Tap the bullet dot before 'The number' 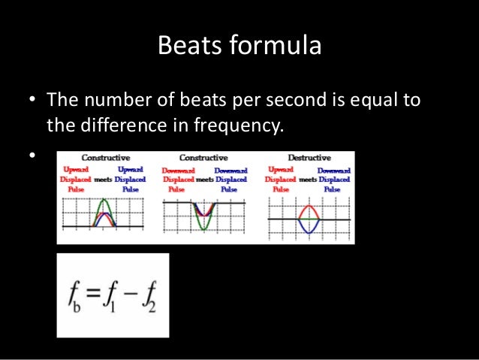[x=32, y=100]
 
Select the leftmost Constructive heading [x=105, y=157]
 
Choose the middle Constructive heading [x=203, y=157]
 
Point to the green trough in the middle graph [x=203, y=225]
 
